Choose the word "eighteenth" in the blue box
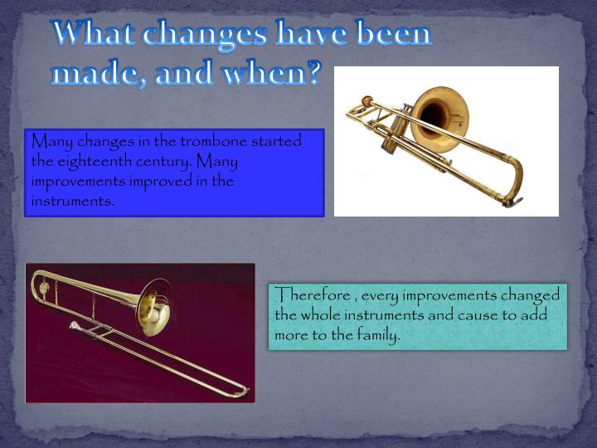click(90, 161)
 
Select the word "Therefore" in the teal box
click(307, 295)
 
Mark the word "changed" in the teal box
click(531, 295)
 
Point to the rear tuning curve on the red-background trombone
click(39, 286)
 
